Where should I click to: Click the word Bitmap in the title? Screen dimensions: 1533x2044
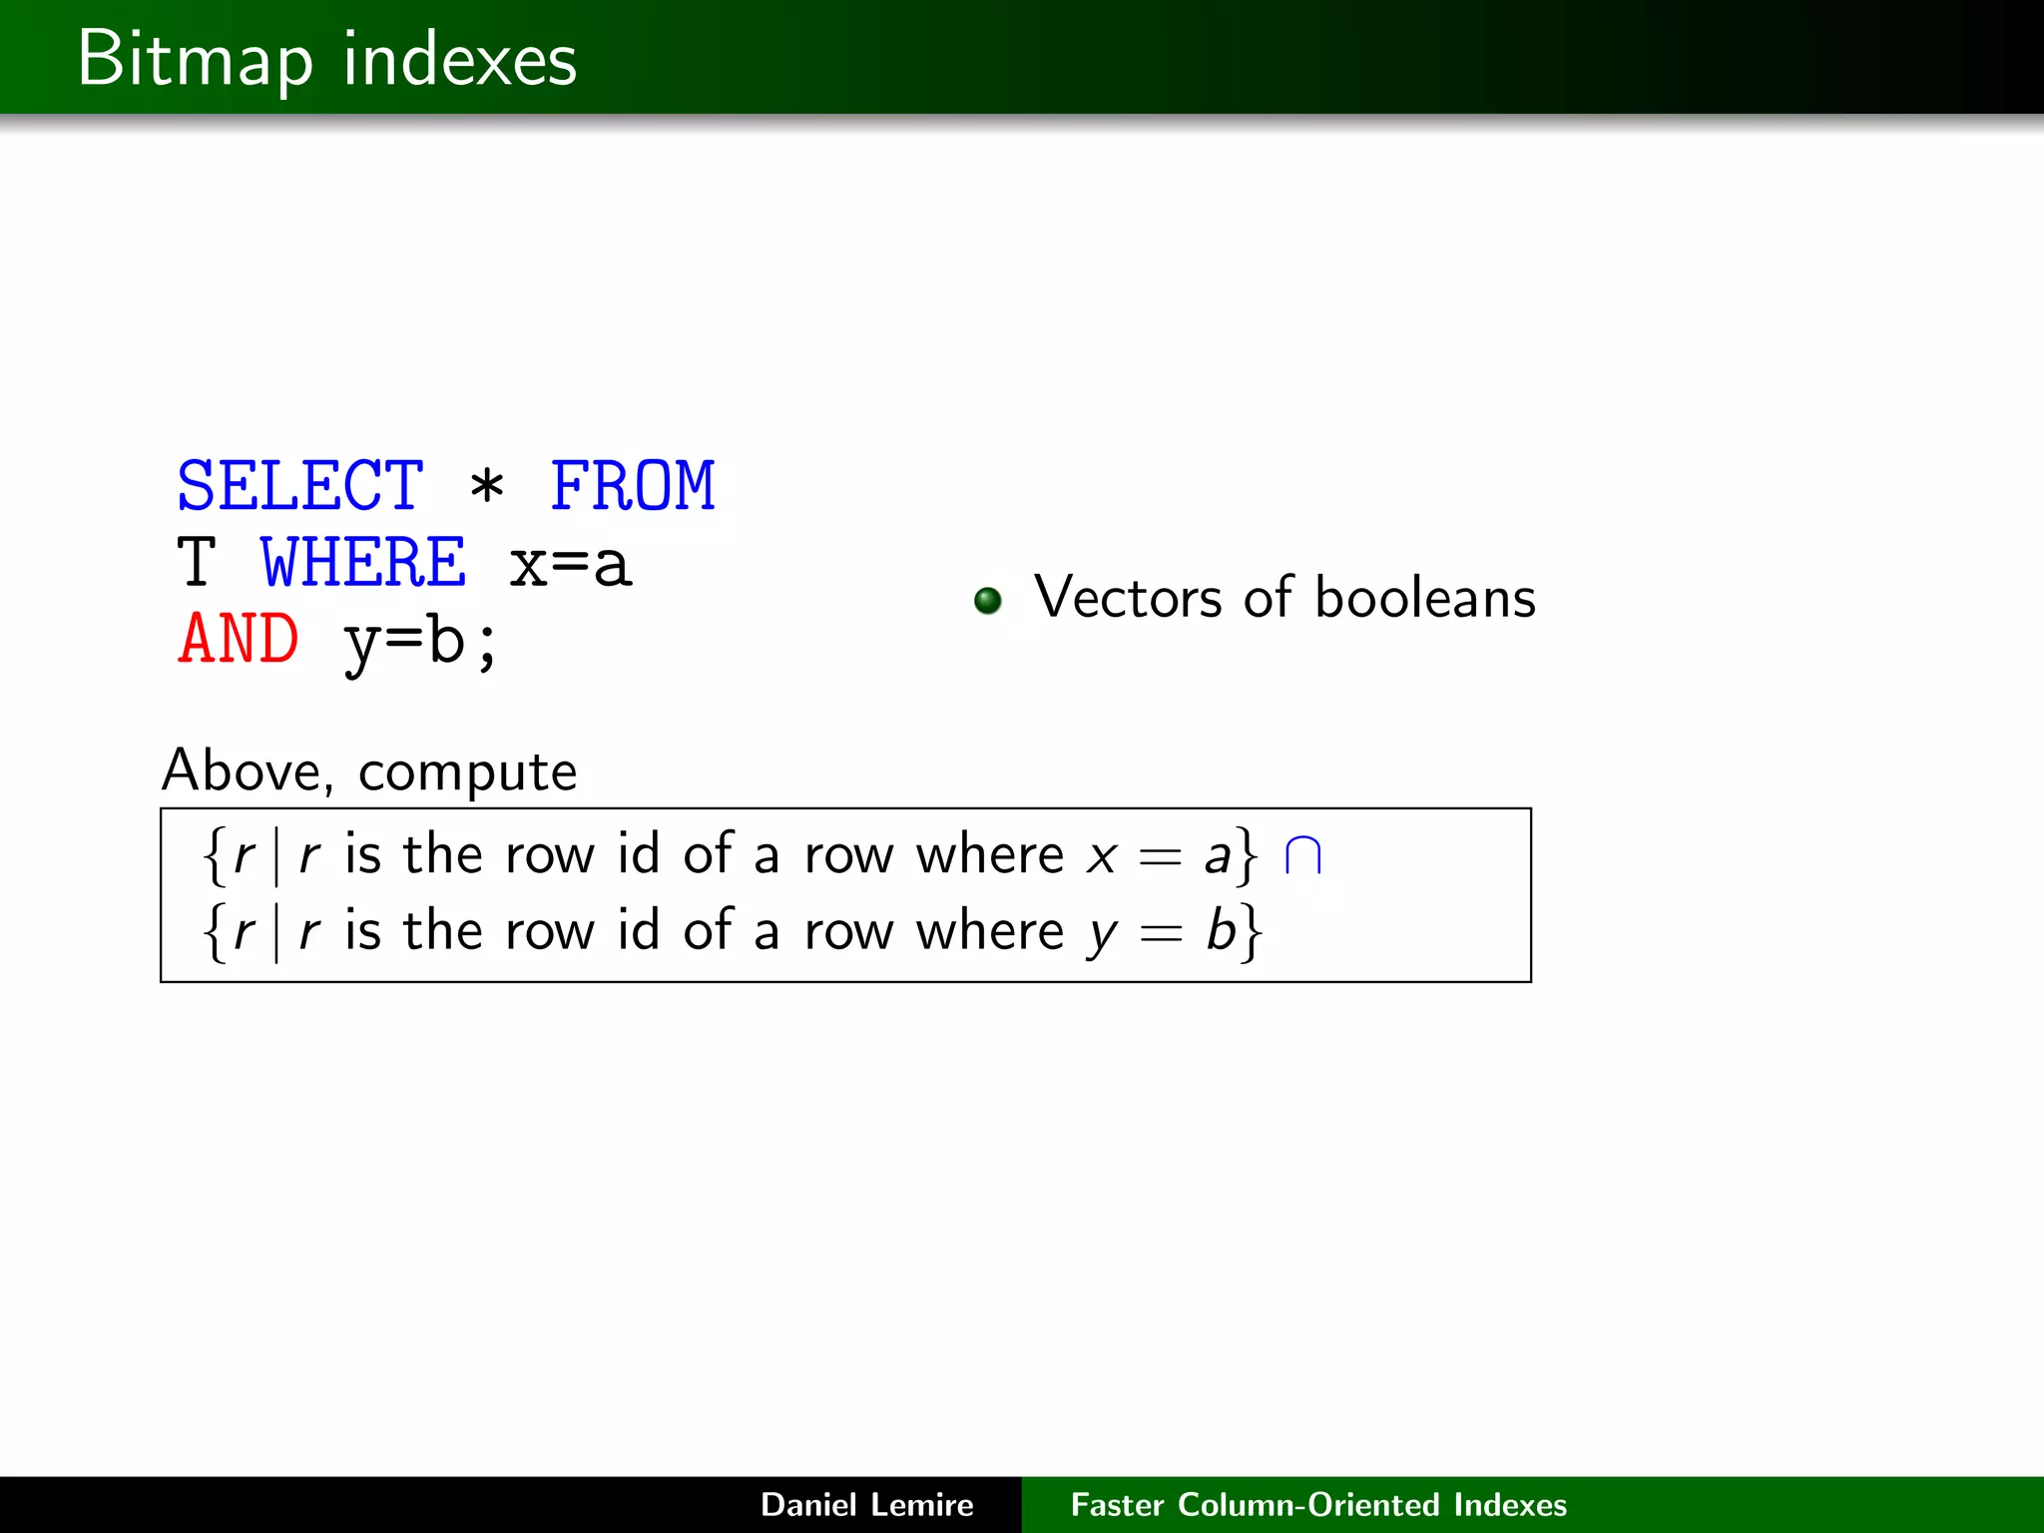pyautogui.click(x=195, y=60)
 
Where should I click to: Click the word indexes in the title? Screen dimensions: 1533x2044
pyautogui.click(x=459, y=60)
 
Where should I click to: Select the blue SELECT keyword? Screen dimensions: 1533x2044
pyautogui.click(x=300, y=486)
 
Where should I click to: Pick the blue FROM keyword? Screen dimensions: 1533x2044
pyautogui.click(x=633, y=486)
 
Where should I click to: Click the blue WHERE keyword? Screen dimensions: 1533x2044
pyautogui.click(x=363, y=562)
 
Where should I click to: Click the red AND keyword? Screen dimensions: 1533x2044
pyautogui.click(x=239, y=639)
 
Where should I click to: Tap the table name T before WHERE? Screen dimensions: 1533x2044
pyautogui.click(x=197, y=562)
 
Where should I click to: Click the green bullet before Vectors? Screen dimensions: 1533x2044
pyautogui.click(x=987, y=600)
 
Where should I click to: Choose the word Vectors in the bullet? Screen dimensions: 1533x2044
pyautogui.click(x=1127, y=598)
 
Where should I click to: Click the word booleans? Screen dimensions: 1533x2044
pyautogui.click(x=1425, y=598)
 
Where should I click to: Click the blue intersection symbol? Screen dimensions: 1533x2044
pyautogui.click(x=1303, y=856)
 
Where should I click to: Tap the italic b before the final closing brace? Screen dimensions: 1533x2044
pyautogui.click(x=1221, y=930)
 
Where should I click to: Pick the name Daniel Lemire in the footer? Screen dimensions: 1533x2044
pyautogui.click(x=866, y=1504)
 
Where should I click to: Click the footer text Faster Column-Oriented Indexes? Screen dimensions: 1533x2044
pyautogui.click(x=1318, y=1504)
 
